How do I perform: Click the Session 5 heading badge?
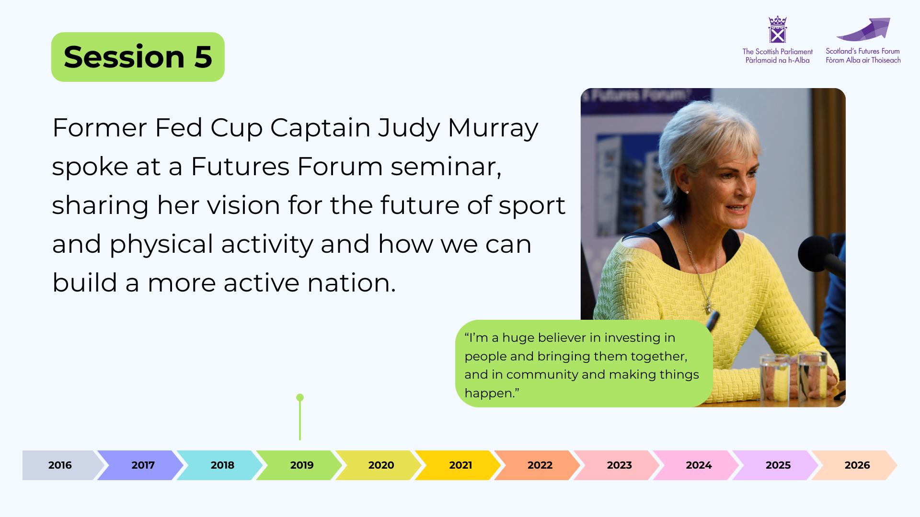pyautogui.click(x=138, y=57)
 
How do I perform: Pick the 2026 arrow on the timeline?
pyautogui.click(x=854, y=465)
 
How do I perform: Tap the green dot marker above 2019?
pyautogui.click(x=300, y=397)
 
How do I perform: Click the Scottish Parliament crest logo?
pyautogui.click(x=777, y=30)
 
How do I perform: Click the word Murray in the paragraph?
pyautogui.click(x=493, y=128)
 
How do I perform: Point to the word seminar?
pyautogui.click(x=446, y=167)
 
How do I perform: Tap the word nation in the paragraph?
pyautogui.click(x=352, y=283)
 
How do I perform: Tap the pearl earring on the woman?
pyautogui.click(x=687, y=192)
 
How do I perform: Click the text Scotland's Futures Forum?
pyautogui.click(x=862, y=51)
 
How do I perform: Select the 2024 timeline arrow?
pyautogui.click(x=696, y=465)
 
